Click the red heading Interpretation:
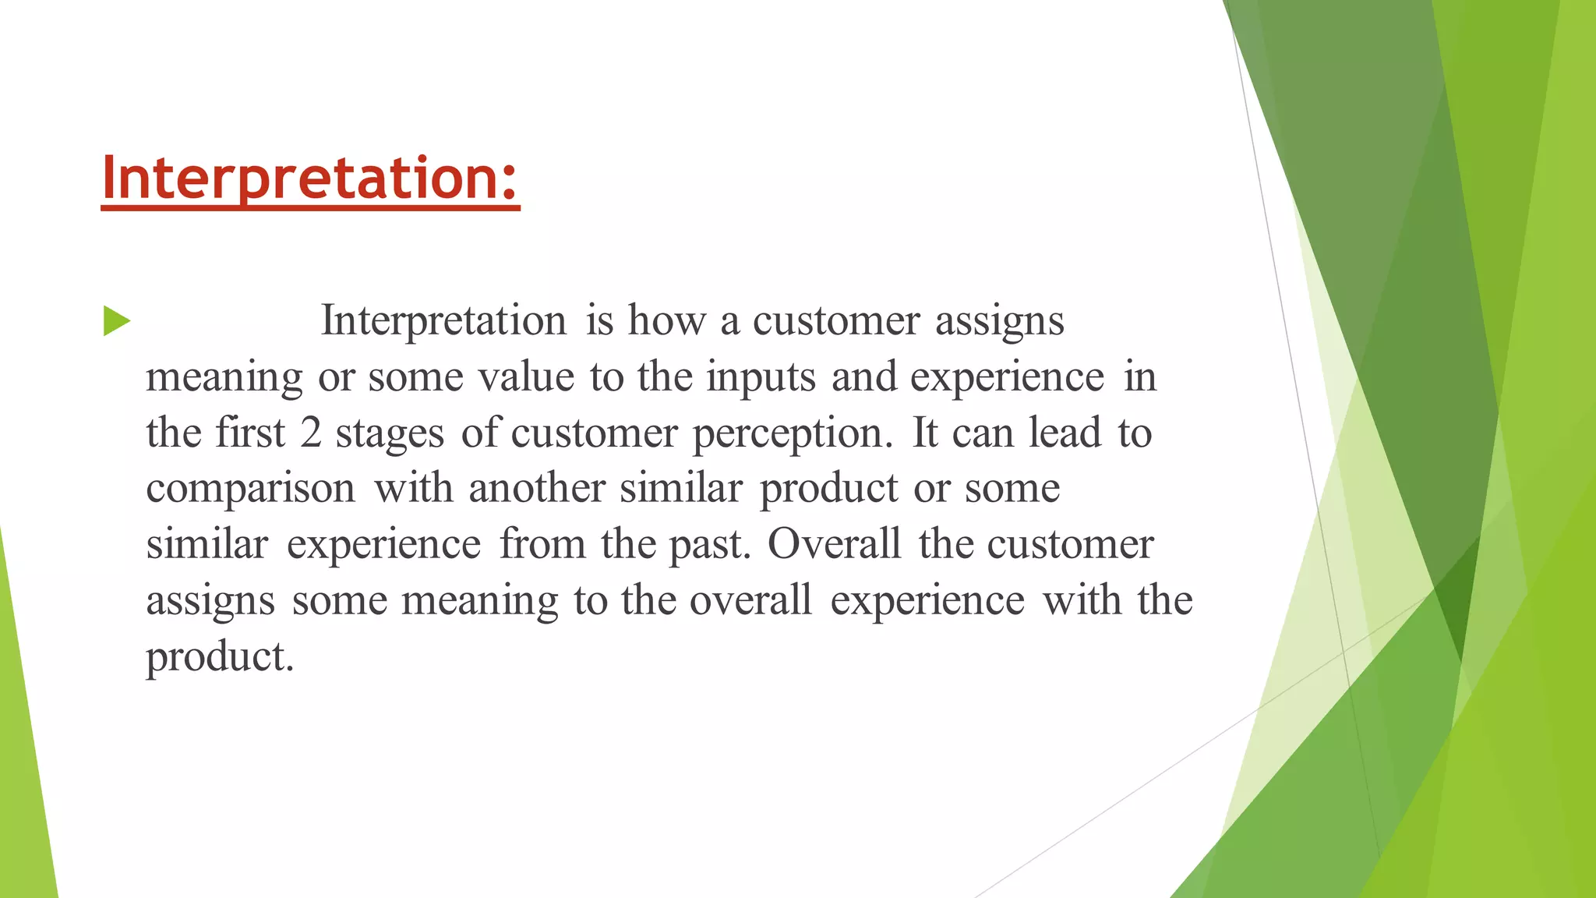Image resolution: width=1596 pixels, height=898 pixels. click(310, 179)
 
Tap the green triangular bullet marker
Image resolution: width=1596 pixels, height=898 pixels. click(116, 321)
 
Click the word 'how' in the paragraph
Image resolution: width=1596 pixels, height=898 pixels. click(667, 320)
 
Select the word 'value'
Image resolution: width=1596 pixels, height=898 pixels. click(526, 377)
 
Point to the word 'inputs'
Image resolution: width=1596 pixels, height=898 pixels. click(761, 377)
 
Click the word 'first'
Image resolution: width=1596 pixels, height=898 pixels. click(250, 433)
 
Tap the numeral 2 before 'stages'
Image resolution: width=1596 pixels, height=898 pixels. click(311, 433)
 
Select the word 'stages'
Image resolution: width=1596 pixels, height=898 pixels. click(390, 433)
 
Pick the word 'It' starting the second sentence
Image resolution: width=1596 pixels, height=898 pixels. click(925, 433)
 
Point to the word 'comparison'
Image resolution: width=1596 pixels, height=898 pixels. click(250, 490)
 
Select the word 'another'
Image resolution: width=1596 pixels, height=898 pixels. click(536, 489)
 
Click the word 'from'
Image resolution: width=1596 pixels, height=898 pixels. click(542, 544)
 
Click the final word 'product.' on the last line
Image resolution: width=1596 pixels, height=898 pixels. click(220, 657)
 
